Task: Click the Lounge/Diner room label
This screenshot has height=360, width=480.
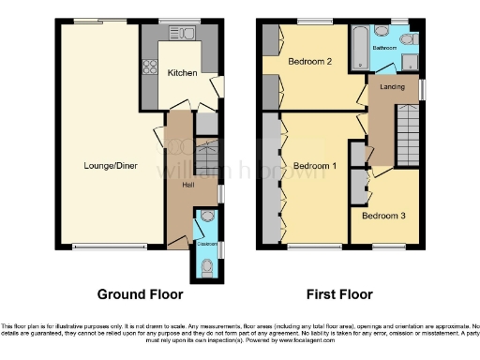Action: [x=104, y=166]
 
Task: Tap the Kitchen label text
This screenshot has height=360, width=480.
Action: [x=182, y=72]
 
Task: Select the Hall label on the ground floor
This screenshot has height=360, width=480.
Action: [x=188, y=184]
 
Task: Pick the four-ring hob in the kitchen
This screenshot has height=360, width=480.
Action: [x=148, y=67]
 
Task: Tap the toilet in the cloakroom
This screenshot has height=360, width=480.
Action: [x=206, y=266]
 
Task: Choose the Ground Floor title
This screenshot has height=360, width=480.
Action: [x=140, y=293]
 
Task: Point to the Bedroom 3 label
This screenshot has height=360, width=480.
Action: [x=384, y=216]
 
